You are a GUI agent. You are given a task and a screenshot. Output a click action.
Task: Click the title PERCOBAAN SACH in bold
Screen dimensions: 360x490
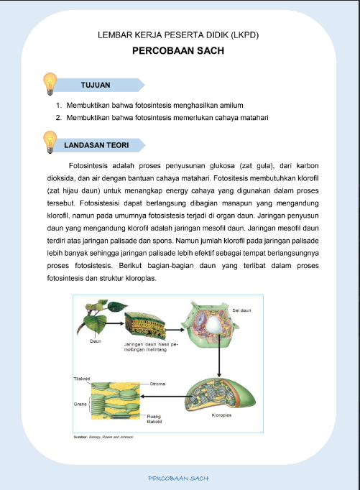tap(179, 52)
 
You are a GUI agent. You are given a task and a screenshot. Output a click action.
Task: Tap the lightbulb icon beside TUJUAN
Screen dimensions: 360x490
tap(50, 83)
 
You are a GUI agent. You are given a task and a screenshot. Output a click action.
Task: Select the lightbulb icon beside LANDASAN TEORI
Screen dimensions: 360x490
tap(50, 142)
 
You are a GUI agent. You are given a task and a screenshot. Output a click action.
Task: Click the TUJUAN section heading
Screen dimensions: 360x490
tap(95, 85)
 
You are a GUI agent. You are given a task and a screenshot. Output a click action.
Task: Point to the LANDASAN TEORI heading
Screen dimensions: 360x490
tap(96, 144)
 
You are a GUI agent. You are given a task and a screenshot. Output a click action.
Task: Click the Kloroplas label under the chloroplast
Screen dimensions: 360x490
tap(221, 416)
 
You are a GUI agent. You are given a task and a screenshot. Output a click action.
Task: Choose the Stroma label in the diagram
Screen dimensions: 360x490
tap(157, 384)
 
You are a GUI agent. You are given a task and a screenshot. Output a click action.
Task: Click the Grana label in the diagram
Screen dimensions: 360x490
tap(80, 405)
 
